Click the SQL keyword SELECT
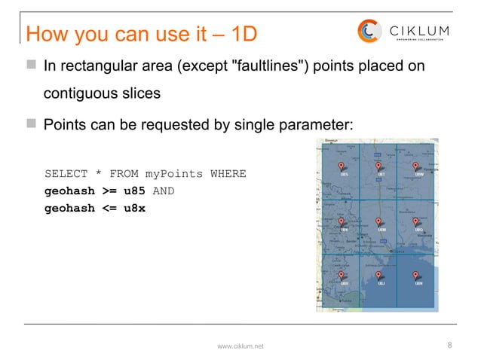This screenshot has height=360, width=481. (x=65, y=174)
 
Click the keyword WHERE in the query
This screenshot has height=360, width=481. (x=228, y=174)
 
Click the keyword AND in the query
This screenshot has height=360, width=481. (x=164, y=191)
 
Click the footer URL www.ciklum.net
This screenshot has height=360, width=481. (x=240, y=346)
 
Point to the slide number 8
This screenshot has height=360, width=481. (x=449, y=345)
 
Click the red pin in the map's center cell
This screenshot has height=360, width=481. (x=378, y=222)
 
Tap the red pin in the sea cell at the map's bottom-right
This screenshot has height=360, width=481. (x=416, y=276)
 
